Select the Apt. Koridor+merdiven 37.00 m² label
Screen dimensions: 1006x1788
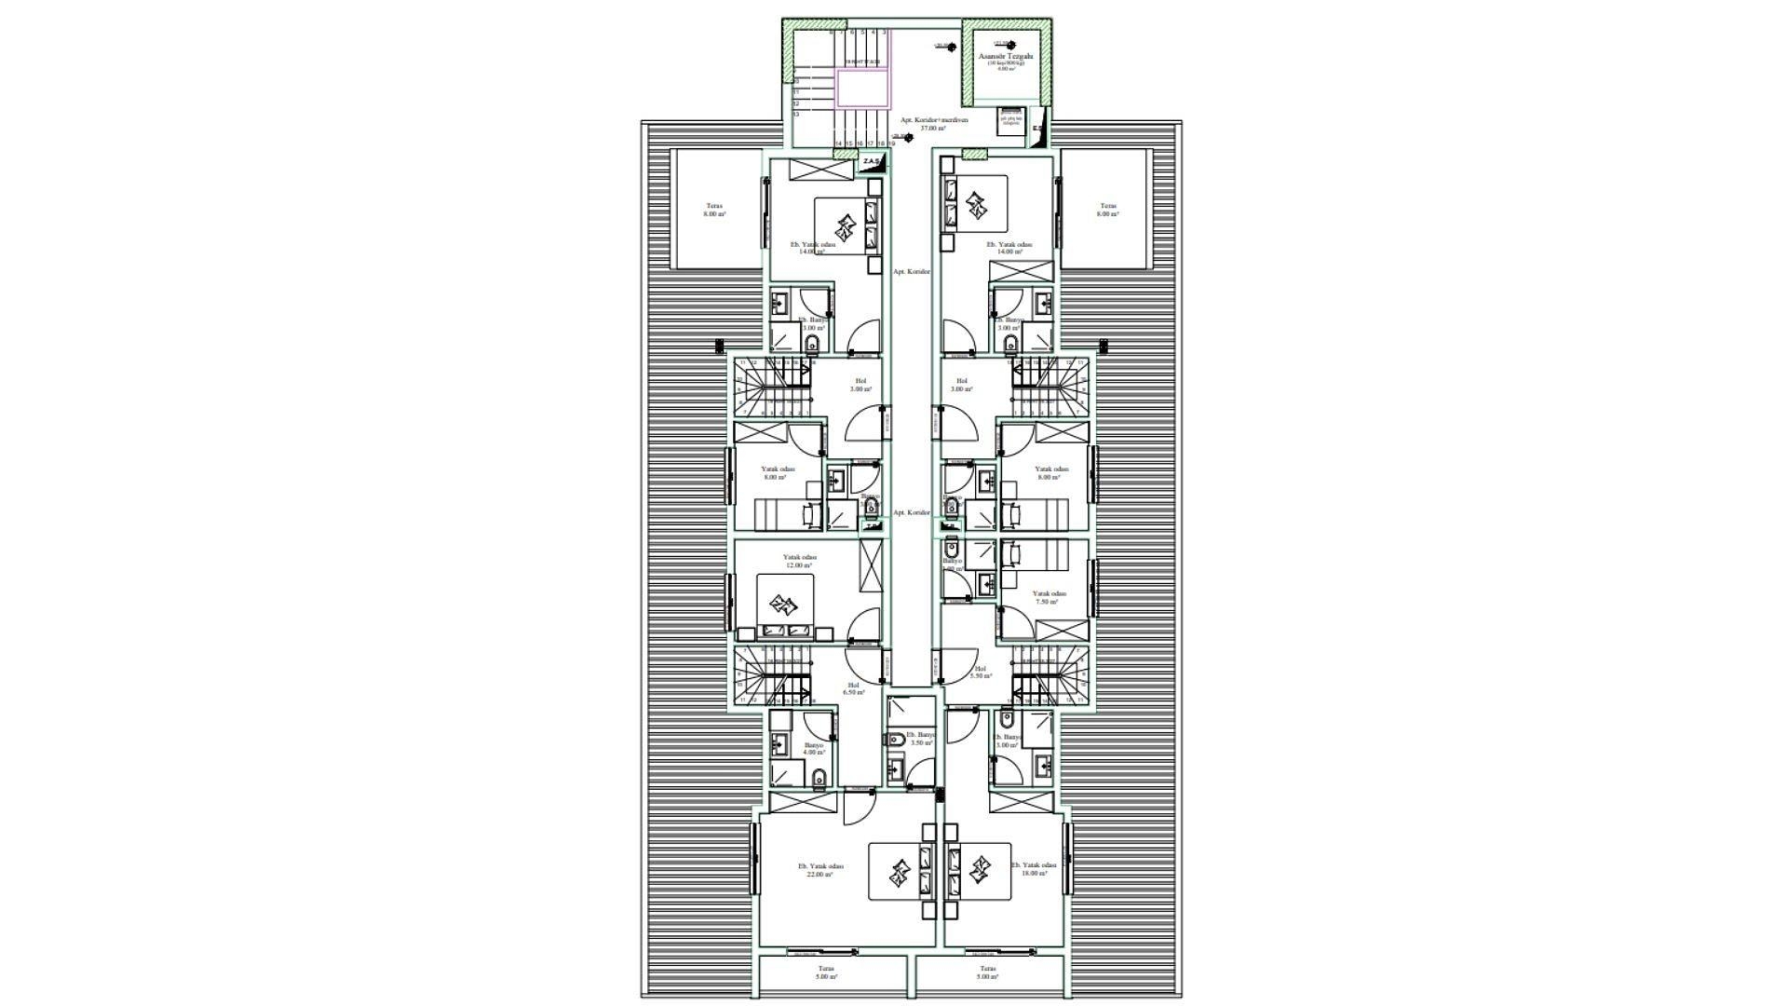(933, 124)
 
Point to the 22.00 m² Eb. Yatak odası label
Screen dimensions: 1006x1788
(820, 870)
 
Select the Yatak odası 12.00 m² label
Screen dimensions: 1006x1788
(799, 561)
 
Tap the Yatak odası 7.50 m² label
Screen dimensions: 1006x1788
(1049, 597)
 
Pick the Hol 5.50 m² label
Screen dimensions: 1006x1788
(980, 673)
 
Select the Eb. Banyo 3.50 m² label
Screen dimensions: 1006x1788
(920, 738)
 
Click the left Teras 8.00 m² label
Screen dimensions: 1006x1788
(714, 210)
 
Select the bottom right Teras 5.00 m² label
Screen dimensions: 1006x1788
(987, 972)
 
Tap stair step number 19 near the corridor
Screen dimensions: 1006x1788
(892, 143)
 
